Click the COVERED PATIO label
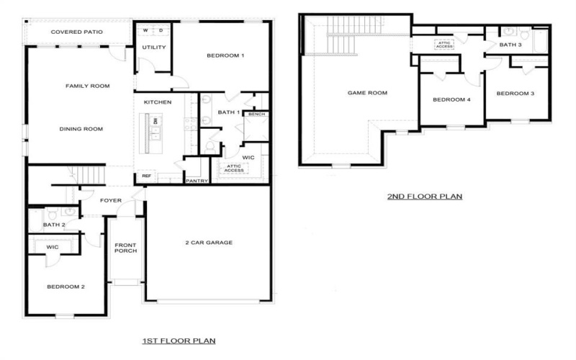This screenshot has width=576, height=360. (76, 32)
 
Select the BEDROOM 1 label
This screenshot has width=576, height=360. (225, 56)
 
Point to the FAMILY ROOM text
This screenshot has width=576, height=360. (87, 86)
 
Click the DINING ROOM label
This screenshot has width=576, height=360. (81, 130)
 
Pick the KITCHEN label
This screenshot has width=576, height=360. (158, 103)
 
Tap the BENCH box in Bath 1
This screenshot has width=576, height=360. (256, 114)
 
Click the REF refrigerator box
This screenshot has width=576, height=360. (146, 176)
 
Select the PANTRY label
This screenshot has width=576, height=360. (197, 181)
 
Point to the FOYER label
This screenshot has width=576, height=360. (111, 201)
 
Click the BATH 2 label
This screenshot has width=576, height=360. (54, 225)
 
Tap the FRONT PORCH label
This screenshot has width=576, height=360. (126, 250)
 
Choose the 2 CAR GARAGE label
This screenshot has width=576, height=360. (209, 243)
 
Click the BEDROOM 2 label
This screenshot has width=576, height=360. (66, 287)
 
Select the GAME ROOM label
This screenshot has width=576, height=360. (367, 93)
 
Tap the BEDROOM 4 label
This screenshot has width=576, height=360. (451, 100)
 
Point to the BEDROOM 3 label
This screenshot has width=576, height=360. (516, 94)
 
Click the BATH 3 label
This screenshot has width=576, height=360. (510, 45)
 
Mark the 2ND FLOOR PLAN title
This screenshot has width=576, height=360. (425, 196)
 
